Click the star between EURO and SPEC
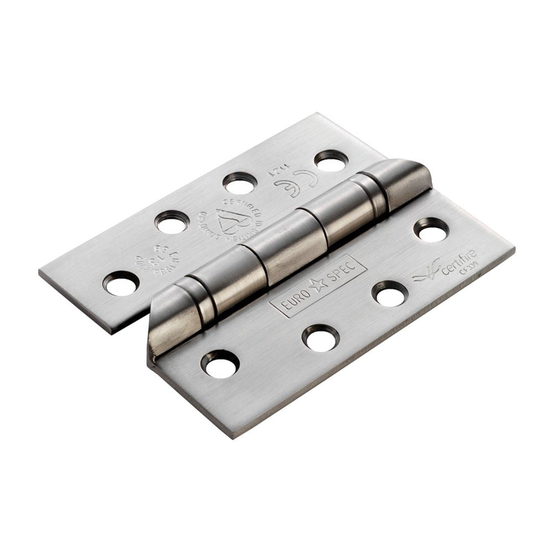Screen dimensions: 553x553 pos(317,286)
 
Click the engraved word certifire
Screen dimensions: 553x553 pos(458,262)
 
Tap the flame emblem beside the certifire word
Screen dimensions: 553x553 pos(427,270)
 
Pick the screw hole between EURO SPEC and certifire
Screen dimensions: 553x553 pos(390,293)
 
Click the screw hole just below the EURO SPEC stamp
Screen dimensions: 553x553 pos(321,338)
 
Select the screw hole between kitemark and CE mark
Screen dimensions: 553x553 pos(240,183)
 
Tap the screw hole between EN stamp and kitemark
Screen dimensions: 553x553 pos(171,222)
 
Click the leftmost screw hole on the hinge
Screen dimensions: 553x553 pos(121,284)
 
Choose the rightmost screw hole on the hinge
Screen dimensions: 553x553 pos(431,229)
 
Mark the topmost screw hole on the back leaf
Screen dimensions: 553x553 pos(331,160)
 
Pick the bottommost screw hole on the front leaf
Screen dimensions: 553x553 pos(220,364)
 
